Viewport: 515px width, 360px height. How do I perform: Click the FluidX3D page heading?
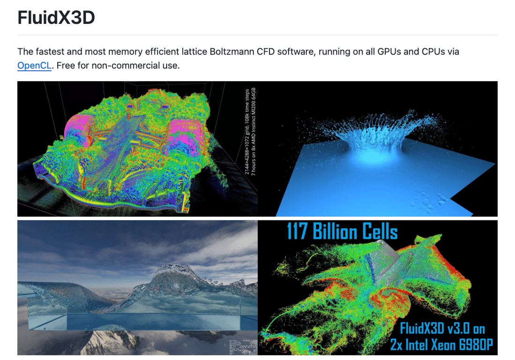point(56,18)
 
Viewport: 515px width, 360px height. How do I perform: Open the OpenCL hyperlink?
point(34,65)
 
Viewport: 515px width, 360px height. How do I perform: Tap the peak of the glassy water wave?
point(171,272)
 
